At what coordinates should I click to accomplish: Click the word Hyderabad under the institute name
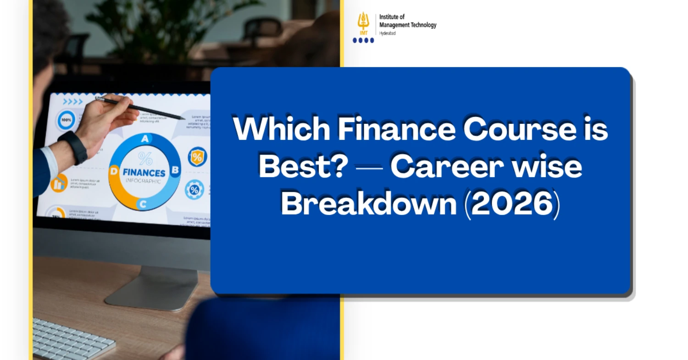pos(388,33)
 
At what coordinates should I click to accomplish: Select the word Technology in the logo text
pos(421,25)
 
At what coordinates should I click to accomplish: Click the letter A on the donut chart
pos(145,138)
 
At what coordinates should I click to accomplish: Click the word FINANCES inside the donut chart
pos(144,173)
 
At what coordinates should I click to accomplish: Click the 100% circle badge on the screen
pos(67,120)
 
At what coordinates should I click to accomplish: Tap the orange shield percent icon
pos(197,157)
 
